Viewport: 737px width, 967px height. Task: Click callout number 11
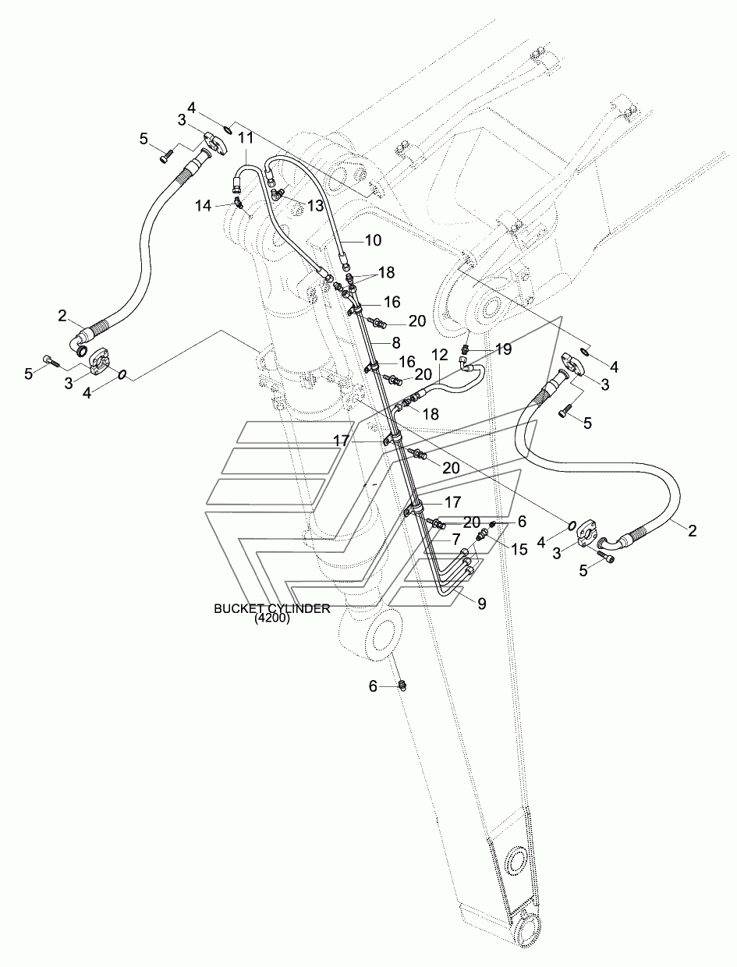pyautogui.click(x=225, y=138)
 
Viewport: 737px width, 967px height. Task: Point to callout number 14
pyautogui.click(x=204, y=206)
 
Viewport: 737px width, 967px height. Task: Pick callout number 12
pyautogui.click(x=439, y=353)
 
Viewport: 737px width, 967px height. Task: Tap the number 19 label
pyautogui.click(x=504, y=349)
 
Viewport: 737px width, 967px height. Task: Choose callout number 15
pyautogui.click(x=519, y=550)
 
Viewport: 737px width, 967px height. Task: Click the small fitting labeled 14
pyautogui.click(x=239, y=203)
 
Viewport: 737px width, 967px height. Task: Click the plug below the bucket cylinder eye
pyautogui.click(x=403, y=685)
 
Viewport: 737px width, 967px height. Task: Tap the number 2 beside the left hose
pyautogui.click(x=62, y=316)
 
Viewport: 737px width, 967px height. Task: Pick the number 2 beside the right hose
pyautogui.click(x=693, y=530)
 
